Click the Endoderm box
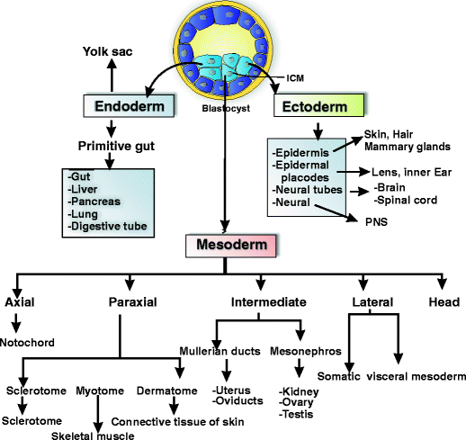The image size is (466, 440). click(130, 105)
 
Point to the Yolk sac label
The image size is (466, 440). click(110, 51)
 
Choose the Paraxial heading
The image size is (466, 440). click(134, 302)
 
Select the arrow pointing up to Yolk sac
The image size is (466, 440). click(110, 76)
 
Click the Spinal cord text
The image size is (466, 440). click(407, 200)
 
